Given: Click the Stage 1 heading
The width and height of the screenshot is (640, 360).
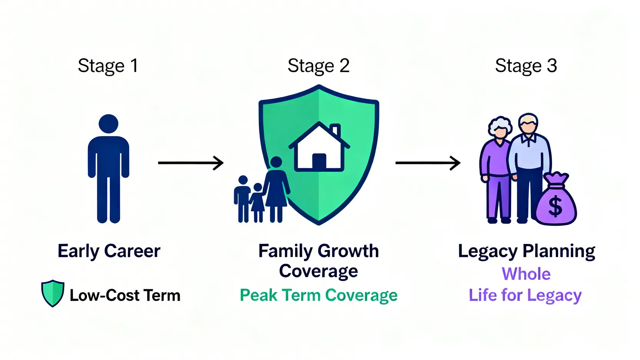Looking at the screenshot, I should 108,66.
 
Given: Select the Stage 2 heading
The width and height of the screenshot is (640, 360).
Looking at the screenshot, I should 318,66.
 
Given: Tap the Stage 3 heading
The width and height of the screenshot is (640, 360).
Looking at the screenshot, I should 526,66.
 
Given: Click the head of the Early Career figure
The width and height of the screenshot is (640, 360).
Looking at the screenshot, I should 108,124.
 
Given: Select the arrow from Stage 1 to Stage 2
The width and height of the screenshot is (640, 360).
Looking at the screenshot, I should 191,163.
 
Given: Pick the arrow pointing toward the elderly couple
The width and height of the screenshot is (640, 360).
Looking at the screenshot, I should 428,163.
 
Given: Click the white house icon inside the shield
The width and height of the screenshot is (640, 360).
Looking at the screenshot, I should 319,148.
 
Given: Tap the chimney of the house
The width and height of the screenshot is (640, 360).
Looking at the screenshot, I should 335,130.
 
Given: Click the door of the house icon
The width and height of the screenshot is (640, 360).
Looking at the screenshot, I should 319,162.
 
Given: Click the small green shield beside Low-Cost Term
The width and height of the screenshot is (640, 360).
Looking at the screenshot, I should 53,293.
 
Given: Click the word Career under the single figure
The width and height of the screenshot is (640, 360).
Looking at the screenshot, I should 132,251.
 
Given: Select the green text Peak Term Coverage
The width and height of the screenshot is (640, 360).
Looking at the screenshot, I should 318,295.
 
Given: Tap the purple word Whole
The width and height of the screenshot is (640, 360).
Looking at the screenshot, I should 526,274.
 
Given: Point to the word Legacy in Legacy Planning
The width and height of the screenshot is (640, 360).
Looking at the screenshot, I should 487,252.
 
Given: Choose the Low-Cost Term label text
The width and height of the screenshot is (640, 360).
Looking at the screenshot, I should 125,295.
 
